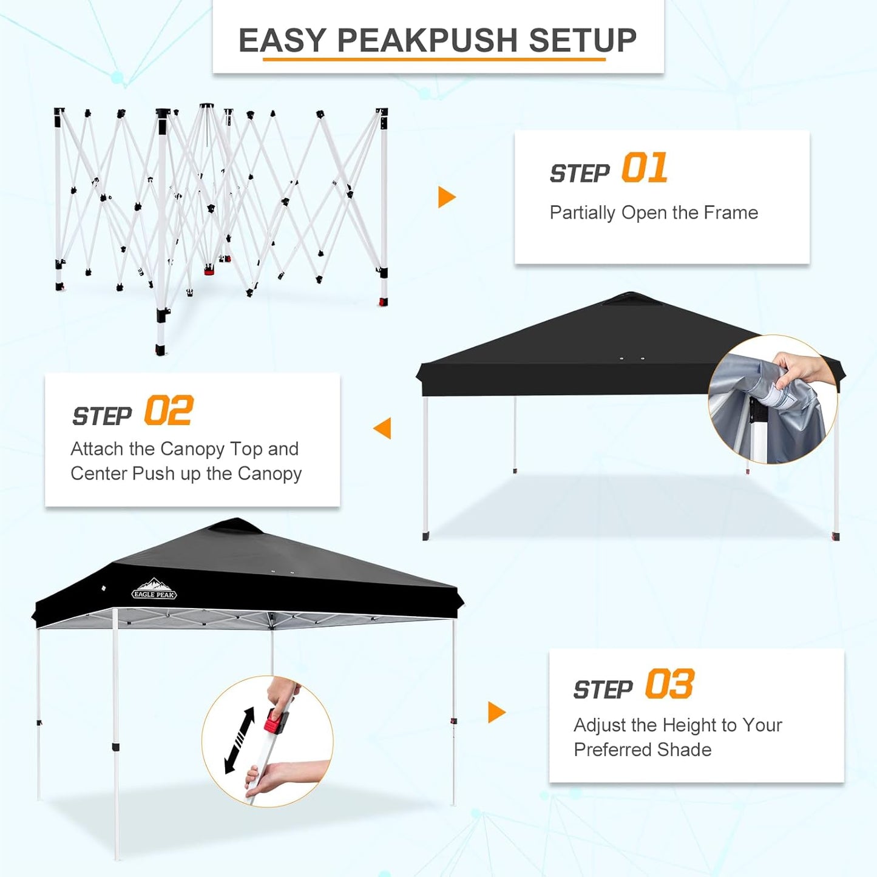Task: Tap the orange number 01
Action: [645, 168]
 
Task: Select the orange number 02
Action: [169, 411]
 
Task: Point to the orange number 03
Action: [669, 685]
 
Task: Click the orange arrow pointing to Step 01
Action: [446, 197]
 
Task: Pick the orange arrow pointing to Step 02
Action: [383, 428]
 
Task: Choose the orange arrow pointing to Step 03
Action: [496, 712]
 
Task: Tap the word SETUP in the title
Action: [582, 41]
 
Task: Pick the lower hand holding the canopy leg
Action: [279, 777]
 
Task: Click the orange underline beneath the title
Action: [434, 59]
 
